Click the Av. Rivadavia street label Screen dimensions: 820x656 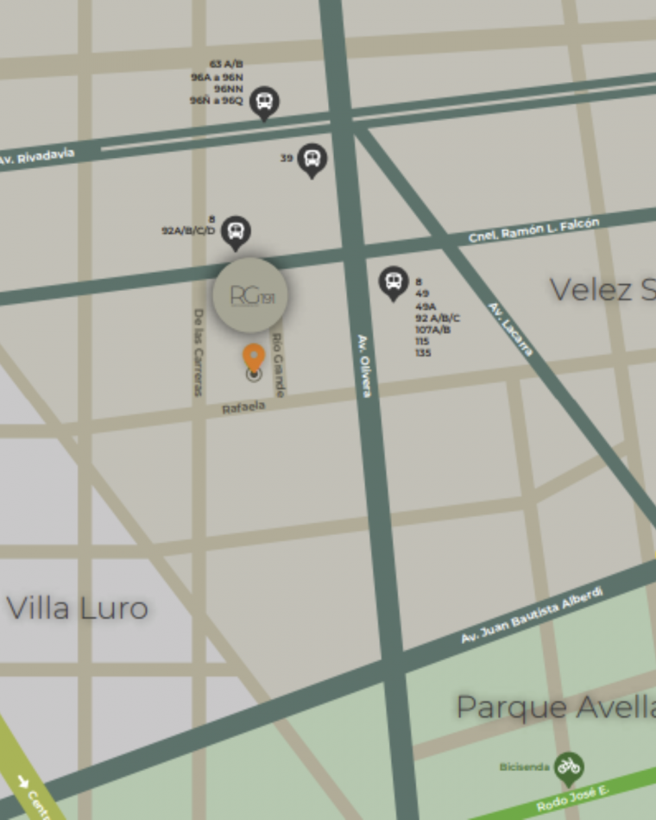(x=37, y=157)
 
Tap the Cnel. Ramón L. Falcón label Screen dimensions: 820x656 (x=533, y=230)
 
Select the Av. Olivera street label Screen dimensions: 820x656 (x=364, y=365)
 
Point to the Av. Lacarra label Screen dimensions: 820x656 (x=511, y=329)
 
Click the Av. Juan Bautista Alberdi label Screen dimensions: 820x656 (x=531, y=615)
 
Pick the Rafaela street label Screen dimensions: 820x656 (x=243, y=407)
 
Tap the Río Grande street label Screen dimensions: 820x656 (x=278, y=364)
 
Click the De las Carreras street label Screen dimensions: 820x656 (x=198, y=352)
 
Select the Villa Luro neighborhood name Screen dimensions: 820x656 (x=78, y=609)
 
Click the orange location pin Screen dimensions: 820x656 (x=253, y=357)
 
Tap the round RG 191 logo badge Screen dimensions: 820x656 (x=250, y=295)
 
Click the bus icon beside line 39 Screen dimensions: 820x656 (x=312, y=159)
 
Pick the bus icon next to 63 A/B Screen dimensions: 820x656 (x=264, y=103)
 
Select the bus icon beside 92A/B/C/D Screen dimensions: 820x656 (x=235, y=230)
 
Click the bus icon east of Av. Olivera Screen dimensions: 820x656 (x=394, y=281)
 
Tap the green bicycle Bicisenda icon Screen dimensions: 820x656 (x=568, y=766)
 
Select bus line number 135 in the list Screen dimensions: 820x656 (x=423, y=353)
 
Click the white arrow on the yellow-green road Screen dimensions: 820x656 (x=22, y=782)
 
